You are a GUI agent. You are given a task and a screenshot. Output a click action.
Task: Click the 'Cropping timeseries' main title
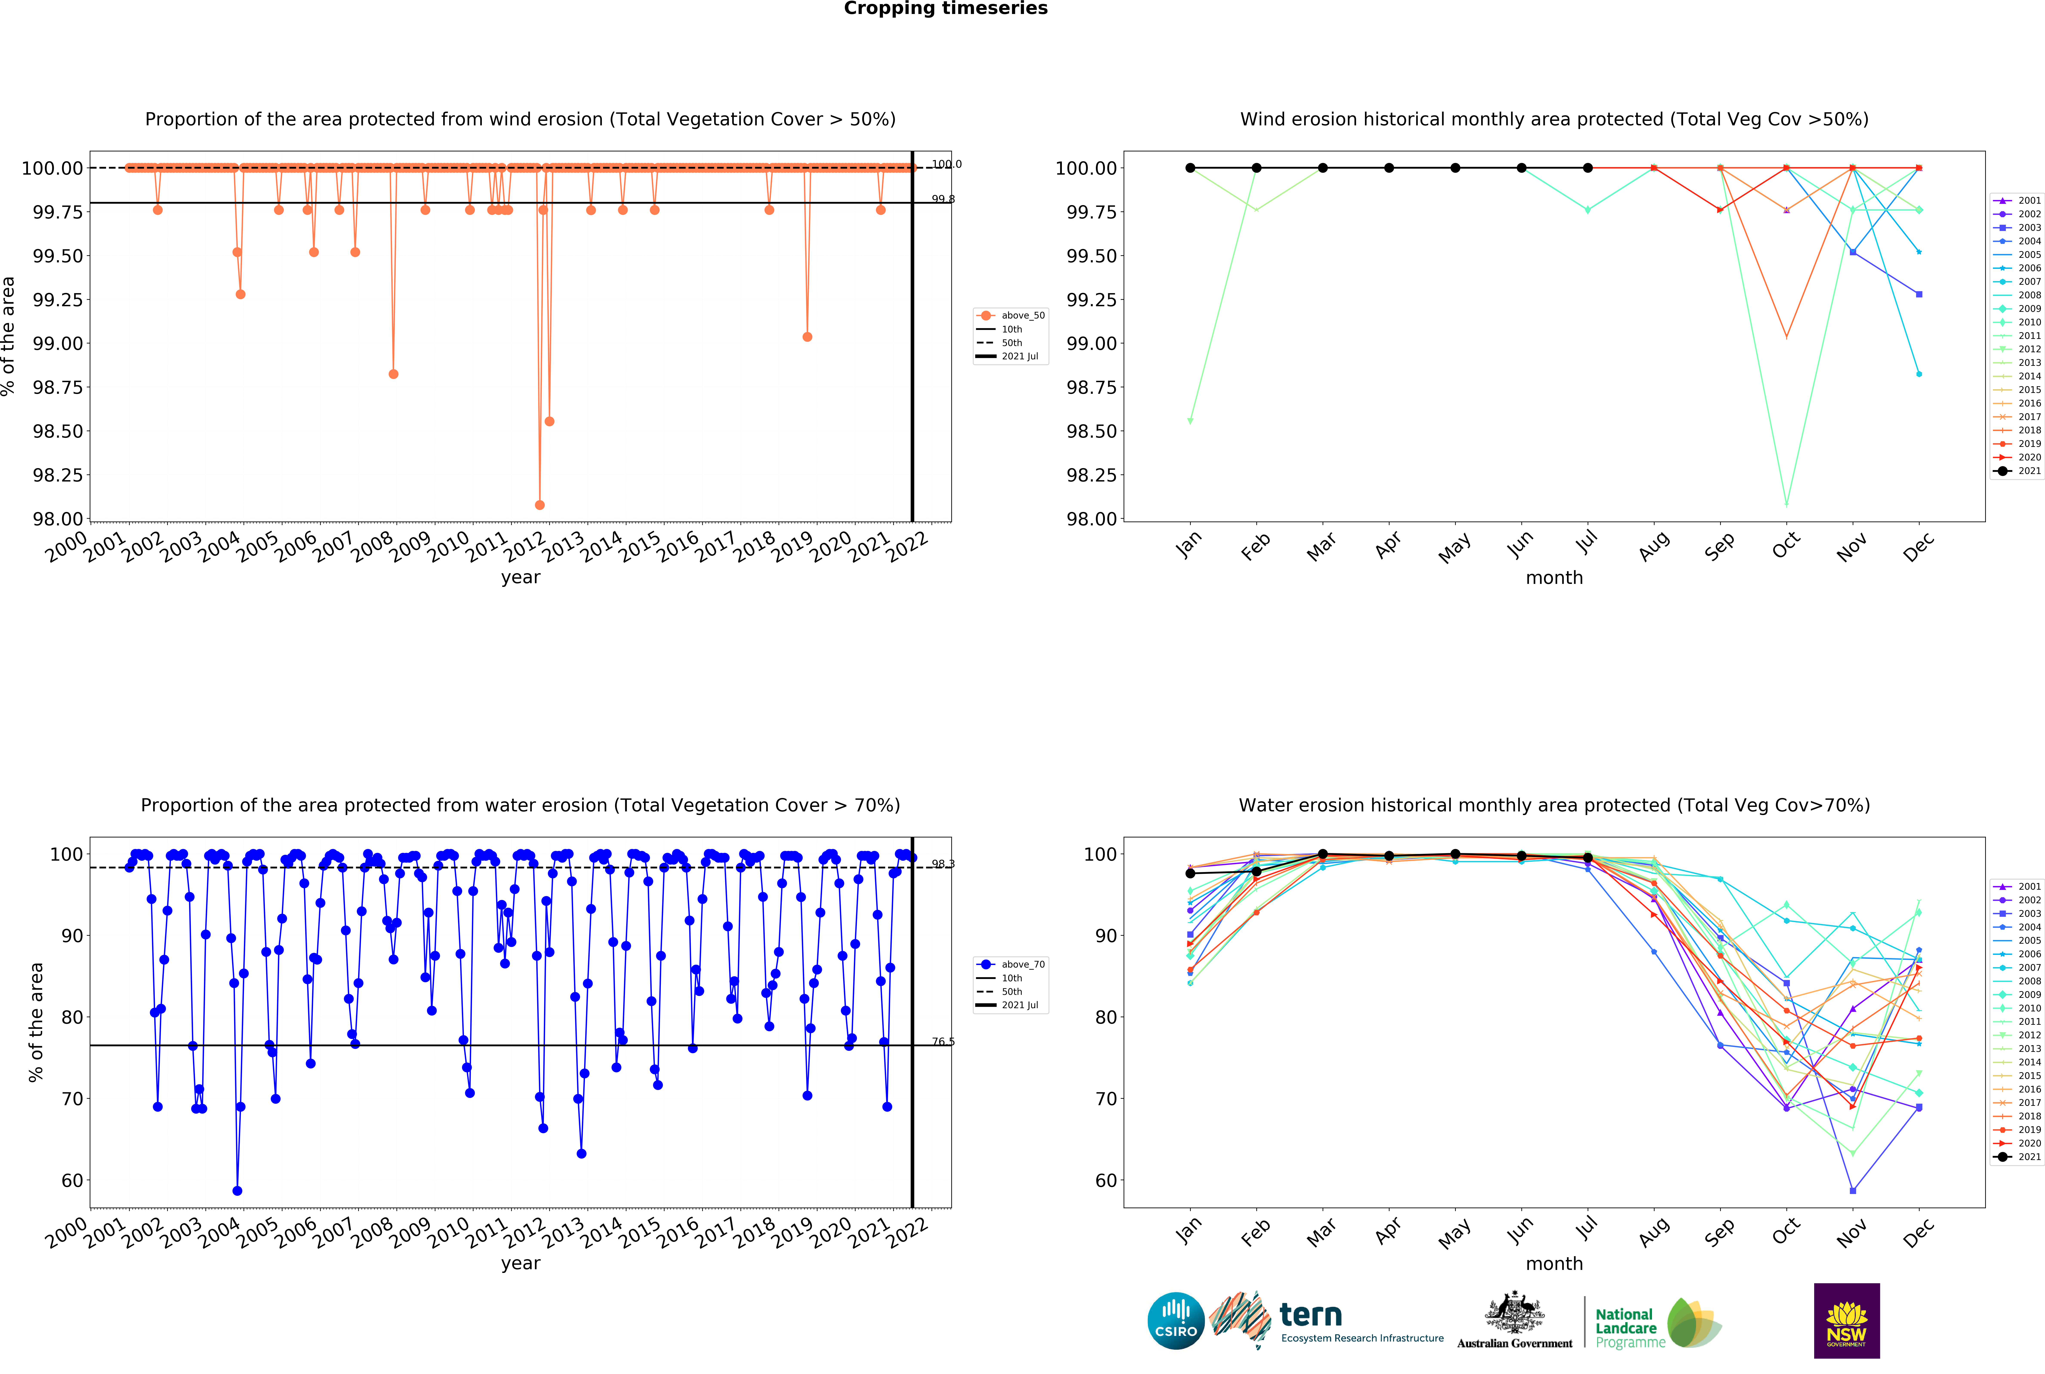945,9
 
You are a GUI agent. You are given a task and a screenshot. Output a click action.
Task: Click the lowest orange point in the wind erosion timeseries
539,505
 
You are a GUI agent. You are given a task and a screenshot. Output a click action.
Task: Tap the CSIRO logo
1175,1320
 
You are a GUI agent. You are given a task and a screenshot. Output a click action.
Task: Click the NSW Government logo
1846,1320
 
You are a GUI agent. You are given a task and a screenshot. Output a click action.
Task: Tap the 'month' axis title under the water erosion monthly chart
1553,1264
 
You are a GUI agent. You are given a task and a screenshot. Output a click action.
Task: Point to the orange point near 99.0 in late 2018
807,337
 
